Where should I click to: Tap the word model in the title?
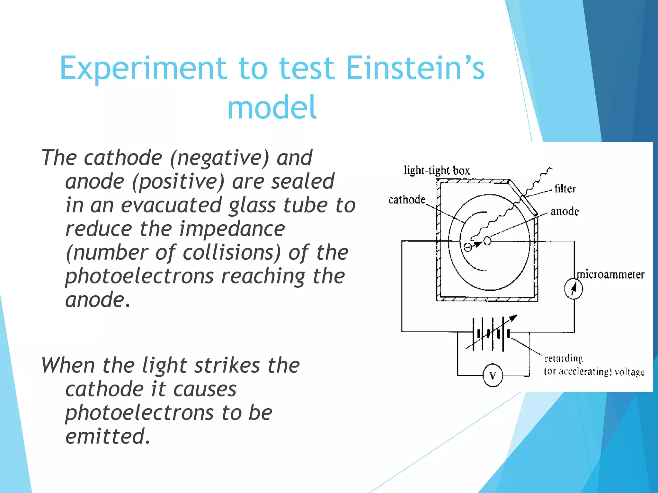(272, 107)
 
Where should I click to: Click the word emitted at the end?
(108, 436)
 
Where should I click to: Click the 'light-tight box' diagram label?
(437, 170)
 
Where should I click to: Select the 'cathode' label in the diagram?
(407, 200)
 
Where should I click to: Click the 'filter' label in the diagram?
(565, 189)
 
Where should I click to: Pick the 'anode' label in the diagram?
(565, 212)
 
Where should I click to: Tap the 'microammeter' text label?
(610, 275)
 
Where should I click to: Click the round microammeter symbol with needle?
(574, 289)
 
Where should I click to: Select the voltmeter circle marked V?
(493, 375)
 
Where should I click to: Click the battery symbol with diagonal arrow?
(492, 334)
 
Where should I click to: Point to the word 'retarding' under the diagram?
(563, 358)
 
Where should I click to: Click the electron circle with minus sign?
(468, 247)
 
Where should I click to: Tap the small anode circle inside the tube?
(487, 241)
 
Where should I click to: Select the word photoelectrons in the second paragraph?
(139, 413)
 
